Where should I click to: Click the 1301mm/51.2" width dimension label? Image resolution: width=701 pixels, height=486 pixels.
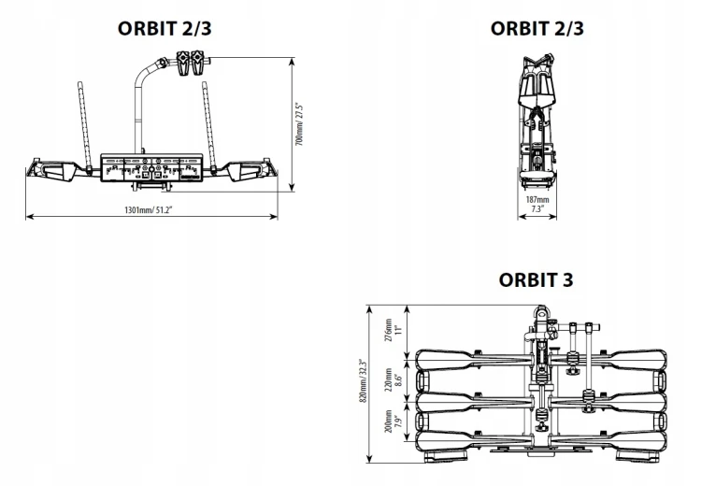point(149,209)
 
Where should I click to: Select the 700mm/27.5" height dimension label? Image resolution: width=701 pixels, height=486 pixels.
point(300,124)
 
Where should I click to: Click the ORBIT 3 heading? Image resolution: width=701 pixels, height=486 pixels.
point(536,279)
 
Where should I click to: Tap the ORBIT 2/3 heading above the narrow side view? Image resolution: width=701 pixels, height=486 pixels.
point(537,28)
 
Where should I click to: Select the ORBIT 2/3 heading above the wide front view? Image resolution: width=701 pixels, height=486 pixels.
point(165,28)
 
